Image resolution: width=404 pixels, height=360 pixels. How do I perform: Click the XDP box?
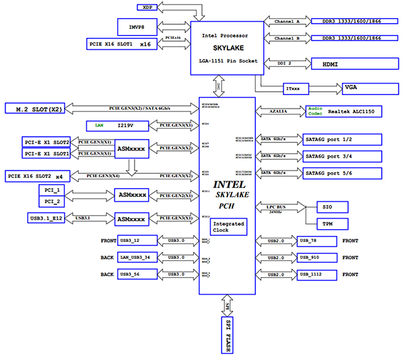pos(147,7)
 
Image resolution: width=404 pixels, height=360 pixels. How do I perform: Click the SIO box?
pos(328,206)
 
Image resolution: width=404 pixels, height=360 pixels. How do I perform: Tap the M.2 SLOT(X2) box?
pos(34,108)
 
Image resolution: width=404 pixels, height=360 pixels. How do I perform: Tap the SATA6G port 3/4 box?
pos(341,156)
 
